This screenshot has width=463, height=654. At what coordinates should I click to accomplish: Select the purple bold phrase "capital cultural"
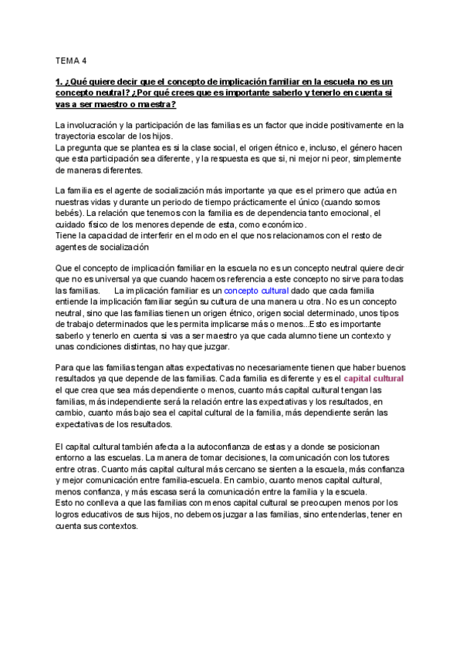tap(373, 379)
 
